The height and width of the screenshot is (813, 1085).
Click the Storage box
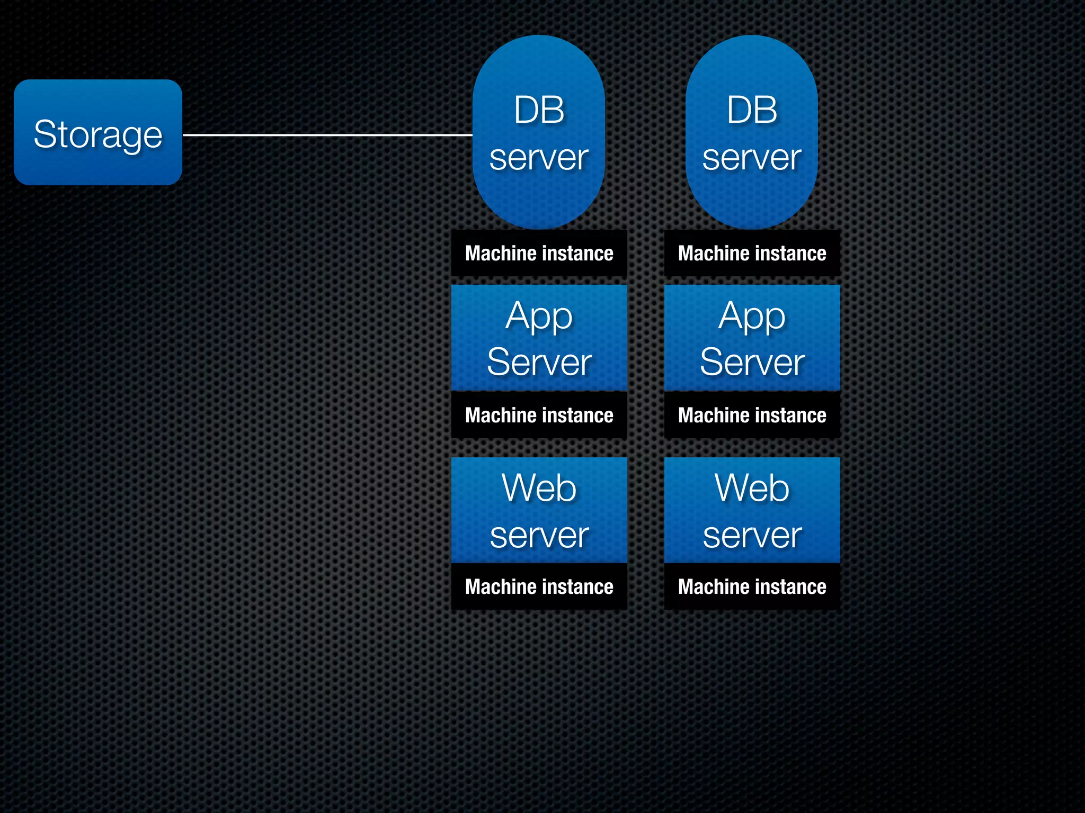point(98,132)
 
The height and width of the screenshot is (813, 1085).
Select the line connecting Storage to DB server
point(327,135)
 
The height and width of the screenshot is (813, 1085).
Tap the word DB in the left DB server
point(539,110)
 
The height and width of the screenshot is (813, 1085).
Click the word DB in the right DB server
point(752,110)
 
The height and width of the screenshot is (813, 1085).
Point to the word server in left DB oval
point(539,157)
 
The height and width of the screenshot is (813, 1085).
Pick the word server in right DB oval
point(752,157)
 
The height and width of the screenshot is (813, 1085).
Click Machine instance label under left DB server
point(539,253)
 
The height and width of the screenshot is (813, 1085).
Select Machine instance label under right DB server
point(752,253)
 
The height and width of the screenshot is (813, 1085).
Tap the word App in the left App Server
point(539,317)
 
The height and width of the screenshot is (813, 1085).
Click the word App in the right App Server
point(752,317)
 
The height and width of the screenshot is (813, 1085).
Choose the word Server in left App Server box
point(539,363)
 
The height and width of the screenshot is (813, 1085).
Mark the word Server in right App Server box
point(752,363)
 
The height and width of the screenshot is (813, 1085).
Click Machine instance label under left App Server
point(539,415)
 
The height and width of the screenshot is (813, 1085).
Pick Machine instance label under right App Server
point(752,415)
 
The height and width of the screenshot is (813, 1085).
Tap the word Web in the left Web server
point(539,487)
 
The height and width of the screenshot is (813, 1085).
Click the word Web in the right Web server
point(752,487)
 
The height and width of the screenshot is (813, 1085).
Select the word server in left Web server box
point(539,535)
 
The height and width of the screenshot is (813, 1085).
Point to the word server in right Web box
point(752,535)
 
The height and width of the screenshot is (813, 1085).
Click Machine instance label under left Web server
point(539,586)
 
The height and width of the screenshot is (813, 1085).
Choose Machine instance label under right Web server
point(752,586)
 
